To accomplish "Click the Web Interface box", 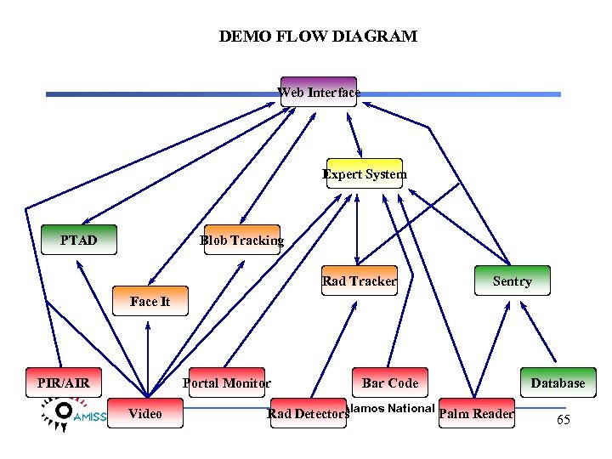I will point(319,92).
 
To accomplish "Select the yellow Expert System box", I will point(365,174).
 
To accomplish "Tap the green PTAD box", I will point(79,241).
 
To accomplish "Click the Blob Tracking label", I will point(241,241).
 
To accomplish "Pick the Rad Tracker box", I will point(360,280).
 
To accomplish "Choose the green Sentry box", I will point(512,281).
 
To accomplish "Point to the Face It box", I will point(150,301).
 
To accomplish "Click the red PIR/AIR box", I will point(64,382).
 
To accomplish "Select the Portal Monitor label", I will point(226,383).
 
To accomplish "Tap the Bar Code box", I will point(390,382).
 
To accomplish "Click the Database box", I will point(558,382).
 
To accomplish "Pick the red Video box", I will point(145,414).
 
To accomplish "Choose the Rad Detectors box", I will point(308,414).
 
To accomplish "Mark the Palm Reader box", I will point(476,414).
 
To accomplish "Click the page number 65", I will point(563,420).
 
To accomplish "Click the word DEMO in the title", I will point(241,37).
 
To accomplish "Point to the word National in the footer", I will point(411,408).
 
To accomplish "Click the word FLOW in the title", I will point(293,37).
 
